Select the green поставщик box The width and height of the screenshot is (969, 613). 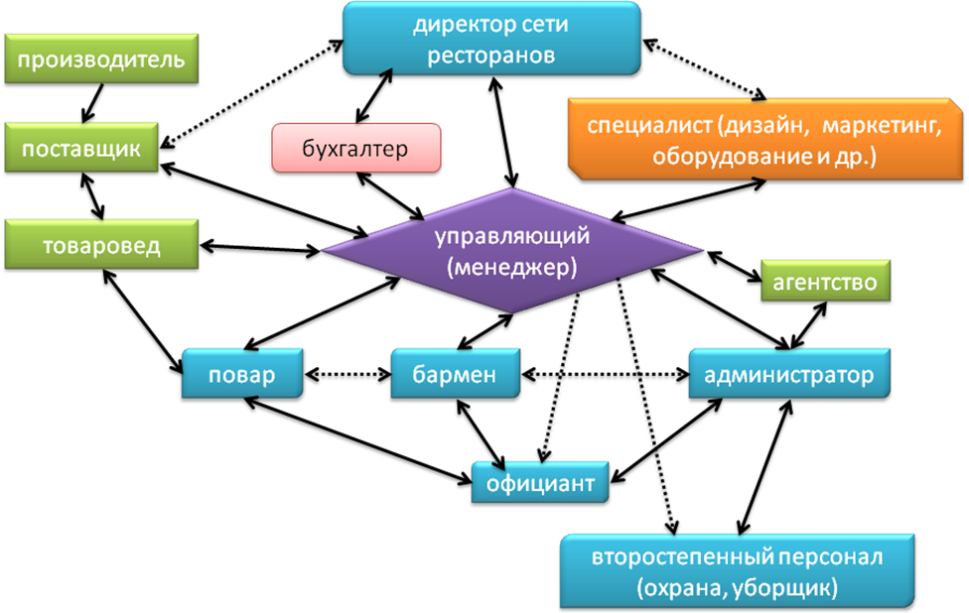(81, 149)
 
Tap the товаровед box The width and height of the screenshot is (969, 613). (101, 245)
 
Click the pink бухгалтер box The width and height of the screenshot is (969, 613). (355, 148)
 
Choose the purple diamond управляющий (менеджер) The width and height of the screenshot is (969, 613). (512, 251)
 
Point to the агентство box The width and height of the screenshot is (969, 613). (825, 283)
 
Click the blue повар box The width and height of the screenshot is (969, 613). (241, 375)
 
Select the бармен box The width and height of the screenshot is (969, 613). (454, 375)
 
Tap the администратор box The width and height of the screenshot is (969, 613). (789, 375)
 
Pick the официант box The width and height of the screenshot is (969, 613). (540, 484)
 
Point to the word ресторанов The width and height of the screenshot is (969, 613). (491, 55)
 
